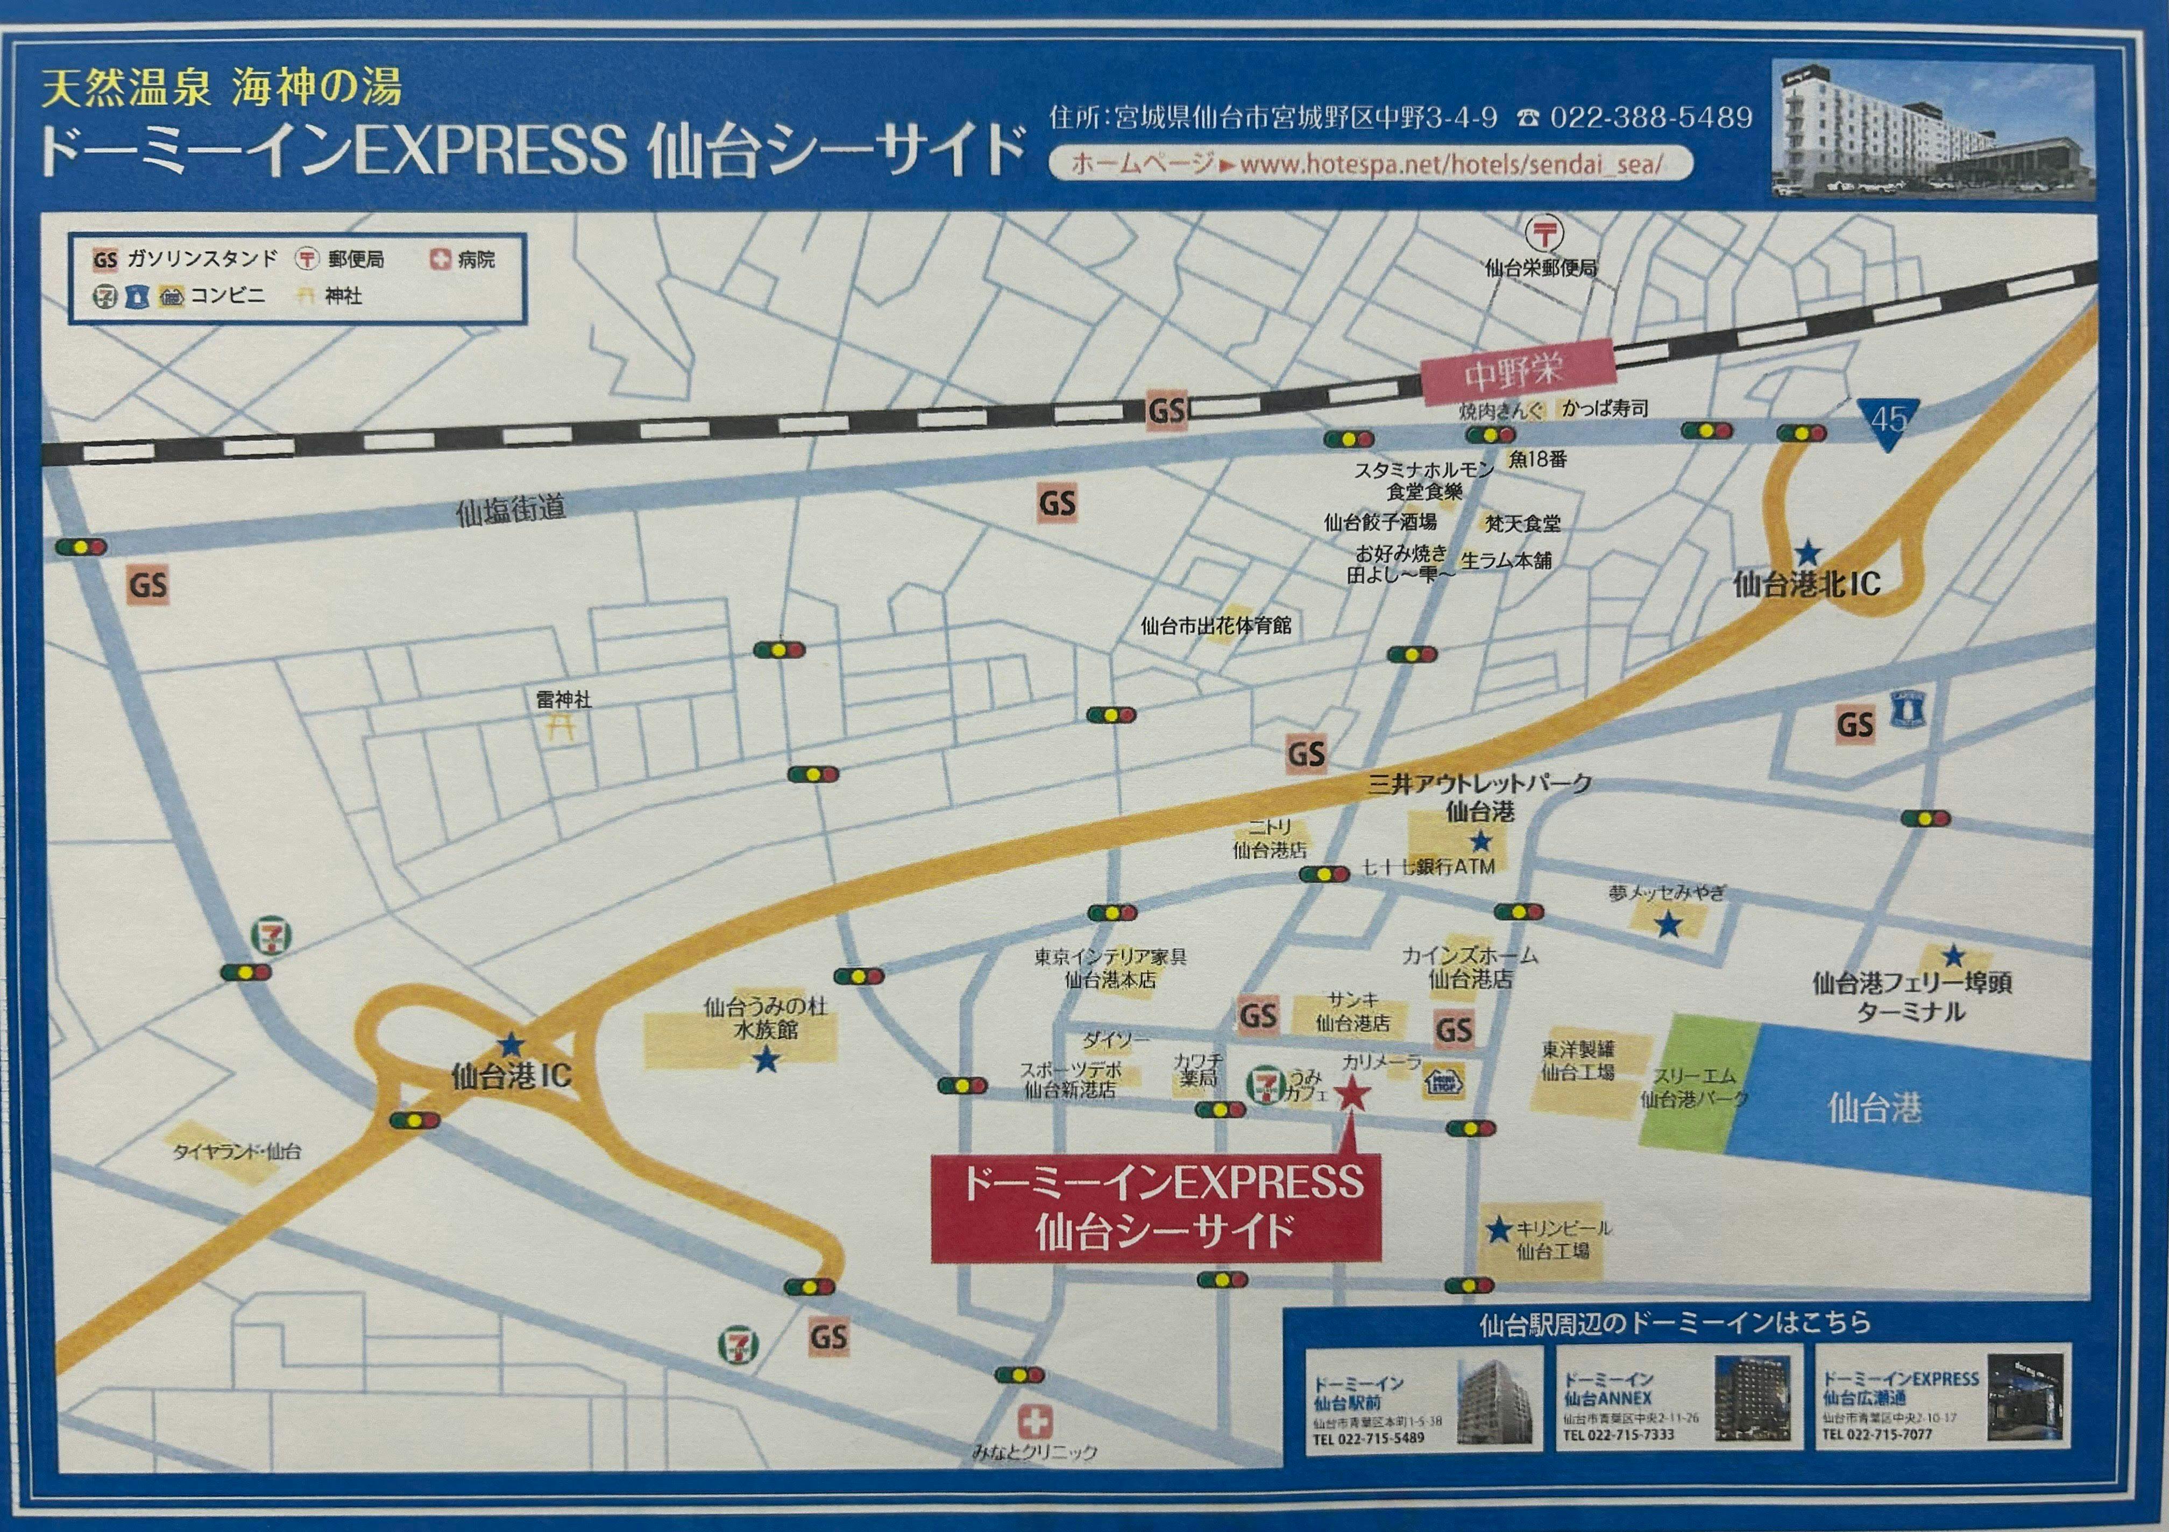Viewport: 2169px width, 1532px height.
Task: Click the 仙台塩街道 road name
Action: [511, 510]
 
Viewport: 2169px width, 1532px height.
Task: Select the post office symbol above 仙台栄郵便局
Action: [1544, 232]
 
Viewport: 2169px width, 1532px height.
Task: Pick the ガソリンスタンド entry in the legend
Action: [185, 259]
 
